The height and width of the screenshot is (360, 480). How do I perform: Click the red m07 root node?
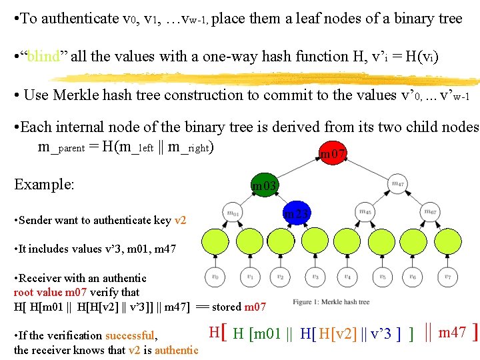tap(333, 155)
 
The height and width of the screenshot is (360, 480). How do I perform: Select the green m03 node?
tap(265, 185)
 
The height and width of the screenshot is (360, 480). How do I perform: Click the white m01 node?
tap(233, 213)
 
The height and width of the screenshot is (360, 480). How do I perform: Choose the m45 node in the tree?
tap(365, 213)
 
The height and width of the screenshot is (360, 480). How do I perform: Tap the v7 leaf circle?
tap(446, 277)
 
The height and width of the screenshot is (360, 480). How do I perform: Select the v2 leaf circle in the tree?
tap(281, 277)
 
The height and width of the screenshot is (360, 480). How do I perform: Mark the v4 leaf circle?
tap(347, 277)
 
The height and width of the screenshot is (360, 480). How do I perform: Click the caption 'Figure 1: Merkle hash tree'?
tap(331, 302)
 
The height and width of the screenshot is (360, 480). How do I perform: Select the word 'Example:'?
tap(44, 184)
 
